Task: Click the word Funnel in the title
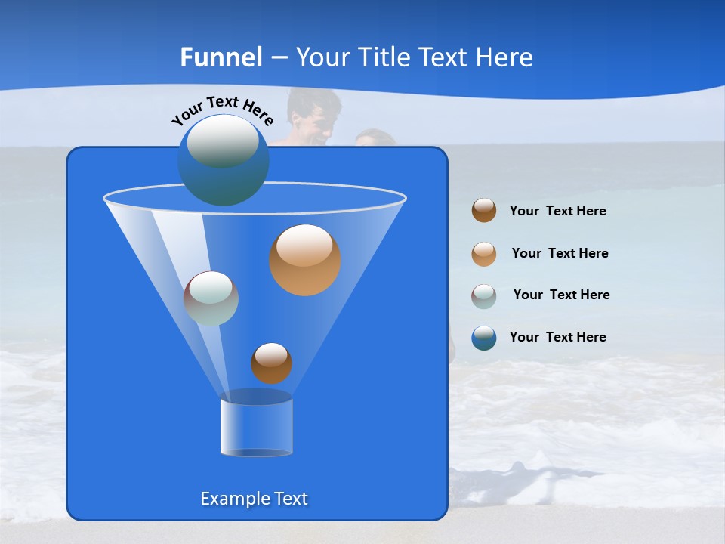[x=221, y=57]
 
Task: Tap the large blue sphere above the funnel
[x=223, y=159]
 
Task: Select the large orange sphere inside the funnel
[x=304, y=260]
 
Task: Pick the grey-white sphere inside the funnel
[x=211, y=298]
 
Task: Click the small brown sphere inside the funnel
[x=271, y=363]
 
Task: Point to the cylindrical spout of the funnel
[x=256, y=427]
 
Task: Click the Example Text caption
[x=254, y=499]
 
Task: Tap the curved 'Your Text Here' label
[x=222, y=110]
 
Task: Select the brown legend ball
[x=484, y=211]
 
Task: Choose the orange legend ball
[x=484, y=253]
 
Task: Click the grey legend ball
[x=484, y=295]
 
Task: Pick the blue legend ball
[x=484, y=337]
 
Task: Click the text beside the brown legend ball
[x=557, y=212]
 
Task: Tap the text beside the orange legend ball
[x=560, y=254]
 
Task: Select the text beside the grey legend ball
[x=561, y=295]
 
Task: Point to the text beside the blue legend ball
[x=557, y=338]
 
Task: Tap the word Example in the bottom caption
[x=234, y=499]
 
